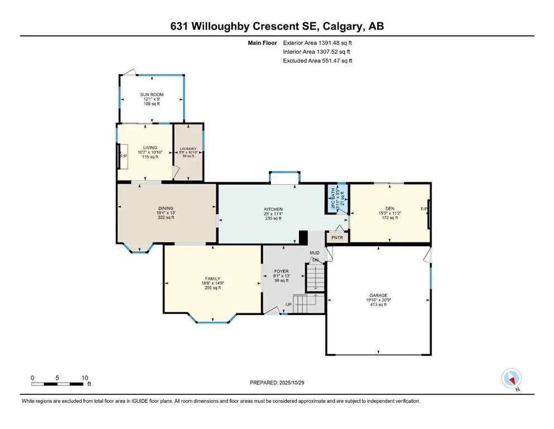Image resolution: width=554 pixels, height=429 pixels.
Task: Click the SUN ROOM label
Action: click(148, 95)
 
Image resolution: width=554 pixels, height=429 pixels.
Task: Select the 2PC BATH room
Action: click(336, 199)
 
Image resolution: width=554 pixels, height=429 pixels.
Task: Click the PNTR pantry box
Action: click(337, 237)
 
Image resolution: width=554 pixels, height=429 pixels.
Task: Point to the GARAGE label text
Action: click(378, 295)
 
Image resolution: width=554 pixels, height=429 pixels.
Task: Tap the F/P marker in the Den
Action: click(423, 209)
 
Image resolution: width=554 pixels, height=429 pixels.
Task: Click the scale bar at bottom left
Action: click(59, 383)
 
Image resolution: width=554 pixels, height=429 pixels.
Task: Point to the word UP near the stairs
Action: click(288, 304)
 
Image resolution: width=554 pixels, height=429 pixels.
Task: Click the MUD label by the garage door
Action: click(314, 253)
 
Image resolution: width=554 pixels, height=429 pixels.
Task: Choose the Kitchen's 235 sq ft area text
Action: click(273, 218)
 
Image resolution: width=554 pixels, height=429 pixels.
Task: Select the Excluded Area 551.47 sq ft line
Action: click(317, 60)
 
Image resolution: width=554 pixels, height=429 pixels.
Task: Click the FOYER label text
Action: click(281, 271)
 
